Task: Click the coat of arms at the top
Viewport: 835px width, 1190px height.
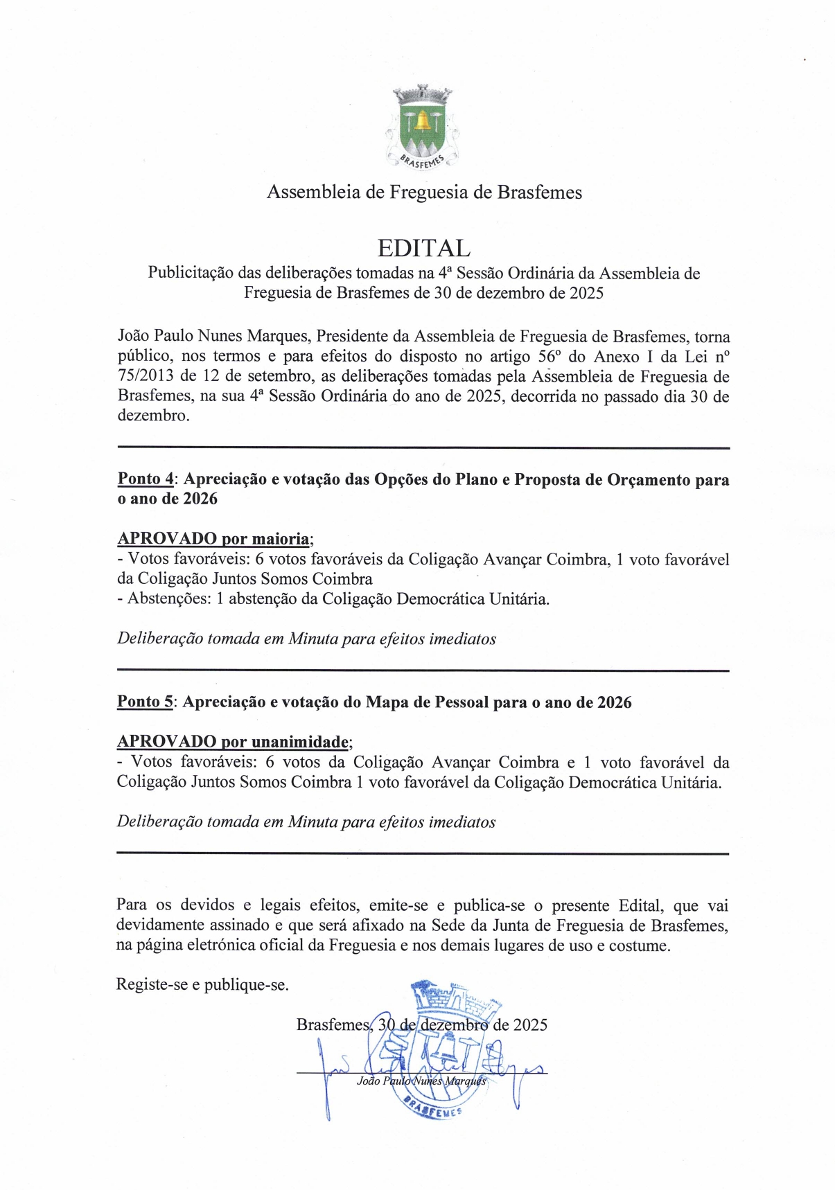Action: tap(422, 127)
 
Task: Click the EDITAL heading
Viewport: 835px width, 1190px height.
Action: tap(423, 248)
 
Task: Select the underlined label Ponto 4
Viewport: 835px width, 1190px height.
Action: tap(146, 479)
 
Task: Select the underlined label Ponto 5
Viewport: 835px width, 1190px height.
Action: tap(145, 702)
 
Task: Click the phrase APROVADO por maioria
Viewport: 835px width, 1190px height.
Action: tap(213, 539)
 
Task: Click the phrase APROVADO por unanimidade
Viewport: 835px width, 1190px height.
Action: tap(233, 742)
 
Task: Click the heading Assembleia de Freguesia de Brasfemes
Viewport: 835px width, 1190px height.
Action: tap(424, 192)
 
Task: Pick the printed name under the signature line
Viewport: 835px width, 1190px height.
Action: tap(421, 1081)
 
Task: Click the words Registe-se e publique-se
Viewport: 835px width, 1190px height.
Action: tap(202, 985)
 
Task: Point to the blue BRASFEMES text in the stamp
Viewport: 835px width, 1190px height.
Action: tap(433, 1108)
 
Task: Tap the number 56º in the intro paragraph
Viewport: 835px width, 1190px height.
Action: tap(550, 357)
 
